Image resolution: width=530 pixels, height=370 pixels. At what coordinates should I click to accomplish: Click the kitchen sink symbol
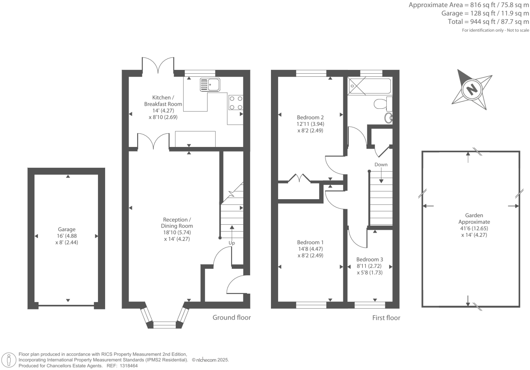210,85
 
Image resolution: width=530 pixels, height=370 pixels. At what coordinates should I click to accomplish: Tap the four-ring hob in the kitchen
236,103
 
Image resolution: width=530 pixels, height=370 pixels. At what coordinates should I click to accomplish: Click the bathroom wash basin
388,118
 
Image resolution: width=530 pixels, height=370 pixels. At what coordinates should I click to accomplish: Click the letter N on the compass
472,90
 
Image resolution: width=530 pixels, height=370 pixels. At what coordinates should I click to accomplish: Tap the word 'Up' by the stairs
232,243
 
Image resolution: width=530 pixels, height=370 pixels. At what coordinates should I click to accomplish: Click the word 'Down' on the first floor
381,164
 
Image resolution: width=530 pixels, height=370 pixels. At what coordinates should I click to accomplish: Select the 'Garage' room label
67,230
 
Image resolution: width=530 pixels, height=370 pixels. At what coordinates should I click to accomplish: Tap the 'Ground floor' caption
231,317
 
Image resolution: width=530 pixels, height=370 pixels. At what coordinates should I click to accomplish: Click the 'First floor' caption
386,318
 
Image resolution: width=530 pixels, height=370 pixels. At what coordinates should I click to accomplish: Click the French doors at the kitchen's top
158,65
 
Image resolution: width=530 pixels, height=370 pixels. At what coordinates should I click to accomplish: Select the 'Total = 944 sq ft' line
488,22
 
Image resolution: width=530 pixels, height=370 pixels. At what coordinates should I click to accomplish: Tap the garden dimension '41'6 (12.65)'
474,228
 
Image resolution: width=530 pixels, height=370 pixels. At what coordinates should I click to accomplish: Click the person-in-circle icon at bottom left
9,360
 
